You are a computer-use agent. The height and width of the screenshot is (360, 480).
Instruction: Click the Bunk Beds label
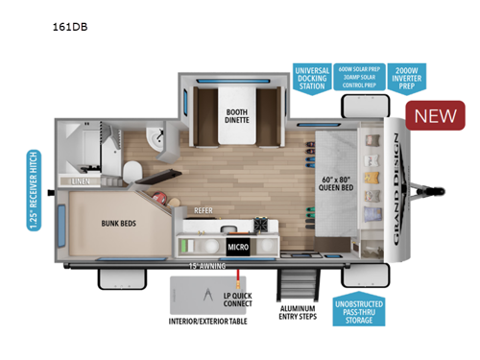(x=119, y=225)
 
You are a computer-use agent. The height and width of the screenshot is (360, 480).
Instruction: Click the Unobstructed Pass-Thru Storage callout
(x=369, y=310)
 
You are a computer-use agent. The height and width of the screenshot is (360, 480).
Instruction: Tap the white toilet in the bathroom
(x=135, y=171)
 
